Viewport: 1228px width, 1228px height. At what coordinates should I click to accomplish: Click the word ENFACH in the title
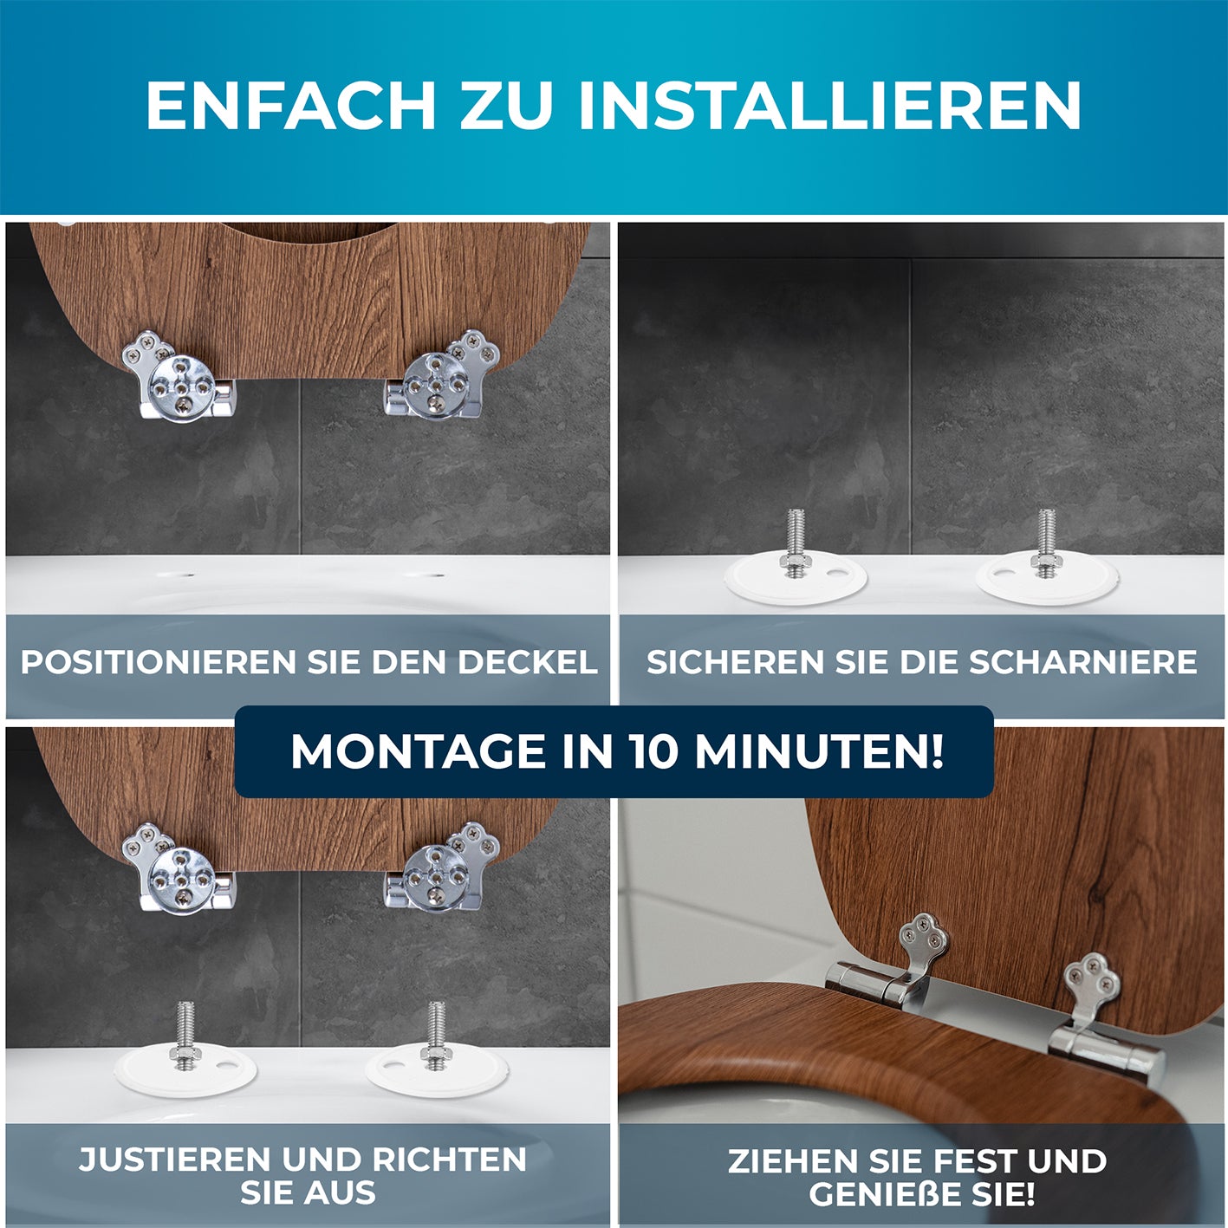tap(290, 106)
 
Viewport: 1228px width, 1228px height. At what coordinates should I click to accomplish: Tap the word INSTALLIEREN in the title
tap(829, 106)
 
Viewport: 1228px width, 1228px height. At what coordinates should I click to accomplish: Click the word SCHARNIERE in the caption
tap(1082, 662)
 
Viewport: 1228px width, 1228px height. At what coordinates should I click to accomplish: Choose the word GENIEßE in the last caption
tap(887, 1193)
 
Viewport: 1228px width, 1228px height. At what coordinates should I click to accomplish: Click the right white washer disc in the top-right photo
tap(1047, 578)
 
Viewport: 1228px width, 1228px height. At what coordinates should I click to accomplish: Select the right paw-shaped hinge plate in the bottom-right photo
tap(1092, 984)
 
